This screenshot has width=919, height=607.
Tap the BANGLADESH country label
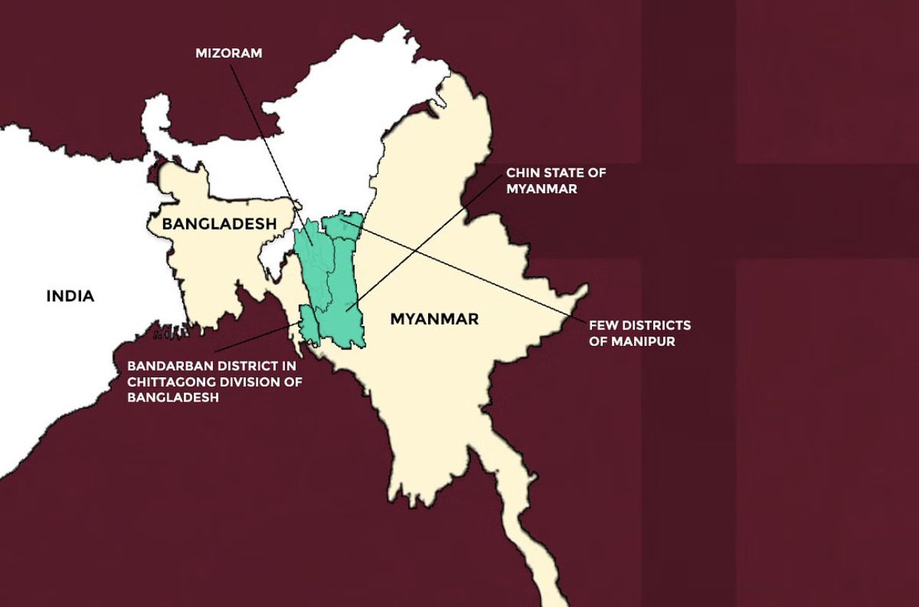[208, 224]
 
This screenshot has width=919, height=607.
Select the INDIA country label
[70, 296]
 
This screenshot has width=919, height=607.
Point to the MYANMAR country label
[434, 319]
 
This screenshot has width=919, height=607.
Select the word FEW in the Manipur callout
[603, 326]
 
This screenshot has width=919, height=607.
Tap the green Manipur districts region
[342, 225]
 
